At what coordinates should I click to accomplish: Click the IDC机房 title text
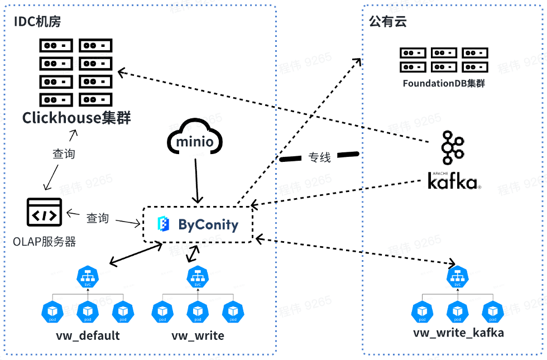pos(37,22)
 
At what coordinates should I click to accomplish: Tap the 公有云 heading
pos(387,22)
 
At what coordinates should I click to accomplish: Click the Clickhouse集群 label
pos(76,118)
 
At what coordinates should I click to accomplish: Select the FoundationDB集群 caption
pos(444,84)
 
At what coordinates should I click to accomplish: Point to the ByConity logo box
pos(198,224)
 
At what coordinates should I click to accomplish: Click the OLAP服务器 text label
pos(44,242)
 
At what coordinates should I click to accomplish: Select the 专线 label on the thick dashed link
pos(320,157)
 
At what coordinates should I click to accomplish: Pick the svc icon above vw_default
pos(87,277)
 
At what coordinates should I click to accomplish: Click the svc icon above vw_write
pos(196,277)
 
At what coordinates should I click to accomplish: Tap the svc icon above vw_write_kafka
pos(457,277)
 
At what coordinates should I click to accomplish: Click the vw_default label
pos(88,336)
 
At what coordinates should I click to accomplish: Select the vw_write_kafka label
pos(458,333)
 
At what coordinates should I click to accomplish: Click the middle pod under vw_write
pos(196,311)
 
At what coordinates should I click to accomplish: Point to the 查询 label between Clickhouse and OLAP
pos(64,153)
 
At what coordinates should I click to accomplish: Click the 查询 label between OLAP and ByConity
pos(97,218)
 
